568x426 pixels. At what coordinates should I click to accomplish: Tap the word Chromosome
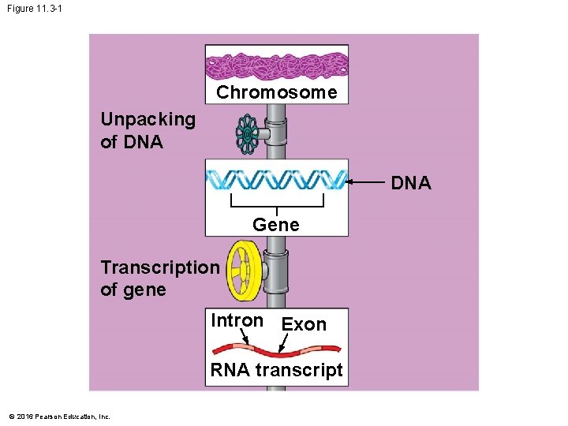point(276,93)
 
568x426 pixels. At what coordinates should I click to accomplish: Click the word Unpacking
point(148,120)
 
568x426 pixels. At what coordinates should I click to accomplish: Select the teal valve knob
point(247,134)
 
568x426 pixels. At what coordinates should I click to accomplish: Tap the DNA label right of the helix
point(411,183)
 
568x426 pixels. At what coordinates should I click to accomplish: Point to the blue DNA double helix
point(276,180)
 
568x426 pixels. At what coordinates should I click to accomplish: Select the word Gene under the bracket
point(276,225)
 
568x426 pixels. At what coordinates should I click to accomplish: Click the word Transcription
point(160,267)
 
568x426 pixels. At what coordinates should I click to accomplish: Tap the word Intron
point(237,320)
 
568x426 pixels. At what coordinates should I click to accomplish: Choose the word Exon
point(304,324)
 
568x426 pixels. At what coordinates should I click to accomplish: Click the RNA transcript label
point(276,371)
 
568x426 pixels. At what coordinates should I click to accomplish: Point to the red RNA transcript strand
point(276,351)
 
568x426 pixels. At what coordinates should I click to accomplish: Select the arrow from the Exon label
point(286,342)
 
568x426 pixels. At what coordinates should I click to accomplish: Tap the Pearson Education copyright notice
point(59,417)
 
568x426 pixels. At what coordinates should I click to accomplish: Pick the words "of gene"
point(133,290)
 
